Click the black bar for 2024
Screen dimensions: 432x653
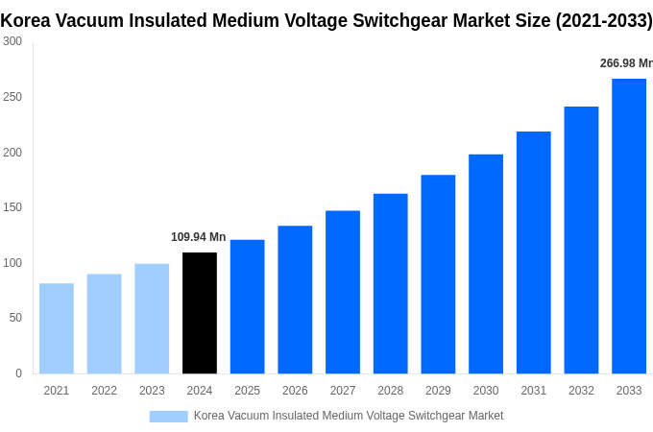[x=200, y=313]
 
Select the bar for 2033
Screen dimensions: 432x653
[x=629, y=226]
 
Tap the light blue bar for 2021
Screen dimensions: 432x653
[x=57, y=328]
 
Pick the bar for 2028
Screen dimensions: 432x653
[x=390, y=283]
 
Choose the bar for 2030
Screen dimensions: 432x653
[x=486, y=264]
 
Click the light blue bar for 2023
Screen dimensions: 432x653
[x=152, y=319]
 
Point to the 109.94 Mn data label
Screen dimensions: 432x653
[x=198, y=237]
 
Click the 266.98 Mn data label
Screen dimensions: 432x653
[x=625, y=63]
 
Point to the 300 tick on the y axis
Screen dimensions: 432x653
[x=12, y=41]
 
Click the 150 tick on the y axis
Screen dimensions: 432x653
[x=12, y=207]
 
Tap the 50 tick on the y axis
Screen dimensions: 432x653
[x=15, y=318]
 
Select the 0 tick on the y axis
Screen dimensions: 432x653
[x=18, y=373]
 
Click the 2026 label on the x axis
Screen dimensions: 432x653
[x=295, y=391]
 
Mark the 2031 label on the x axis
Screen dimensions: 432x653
[x=533, y=391]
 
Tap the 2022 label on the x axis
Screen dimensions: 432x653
[x=104, y=391]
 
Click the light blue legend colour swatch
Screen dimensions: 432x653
[x=168, y=416]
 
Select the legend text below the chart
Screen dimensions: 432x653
[x=348, y=416]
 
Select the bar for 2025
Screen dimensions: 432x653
[x=247, y=306]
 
